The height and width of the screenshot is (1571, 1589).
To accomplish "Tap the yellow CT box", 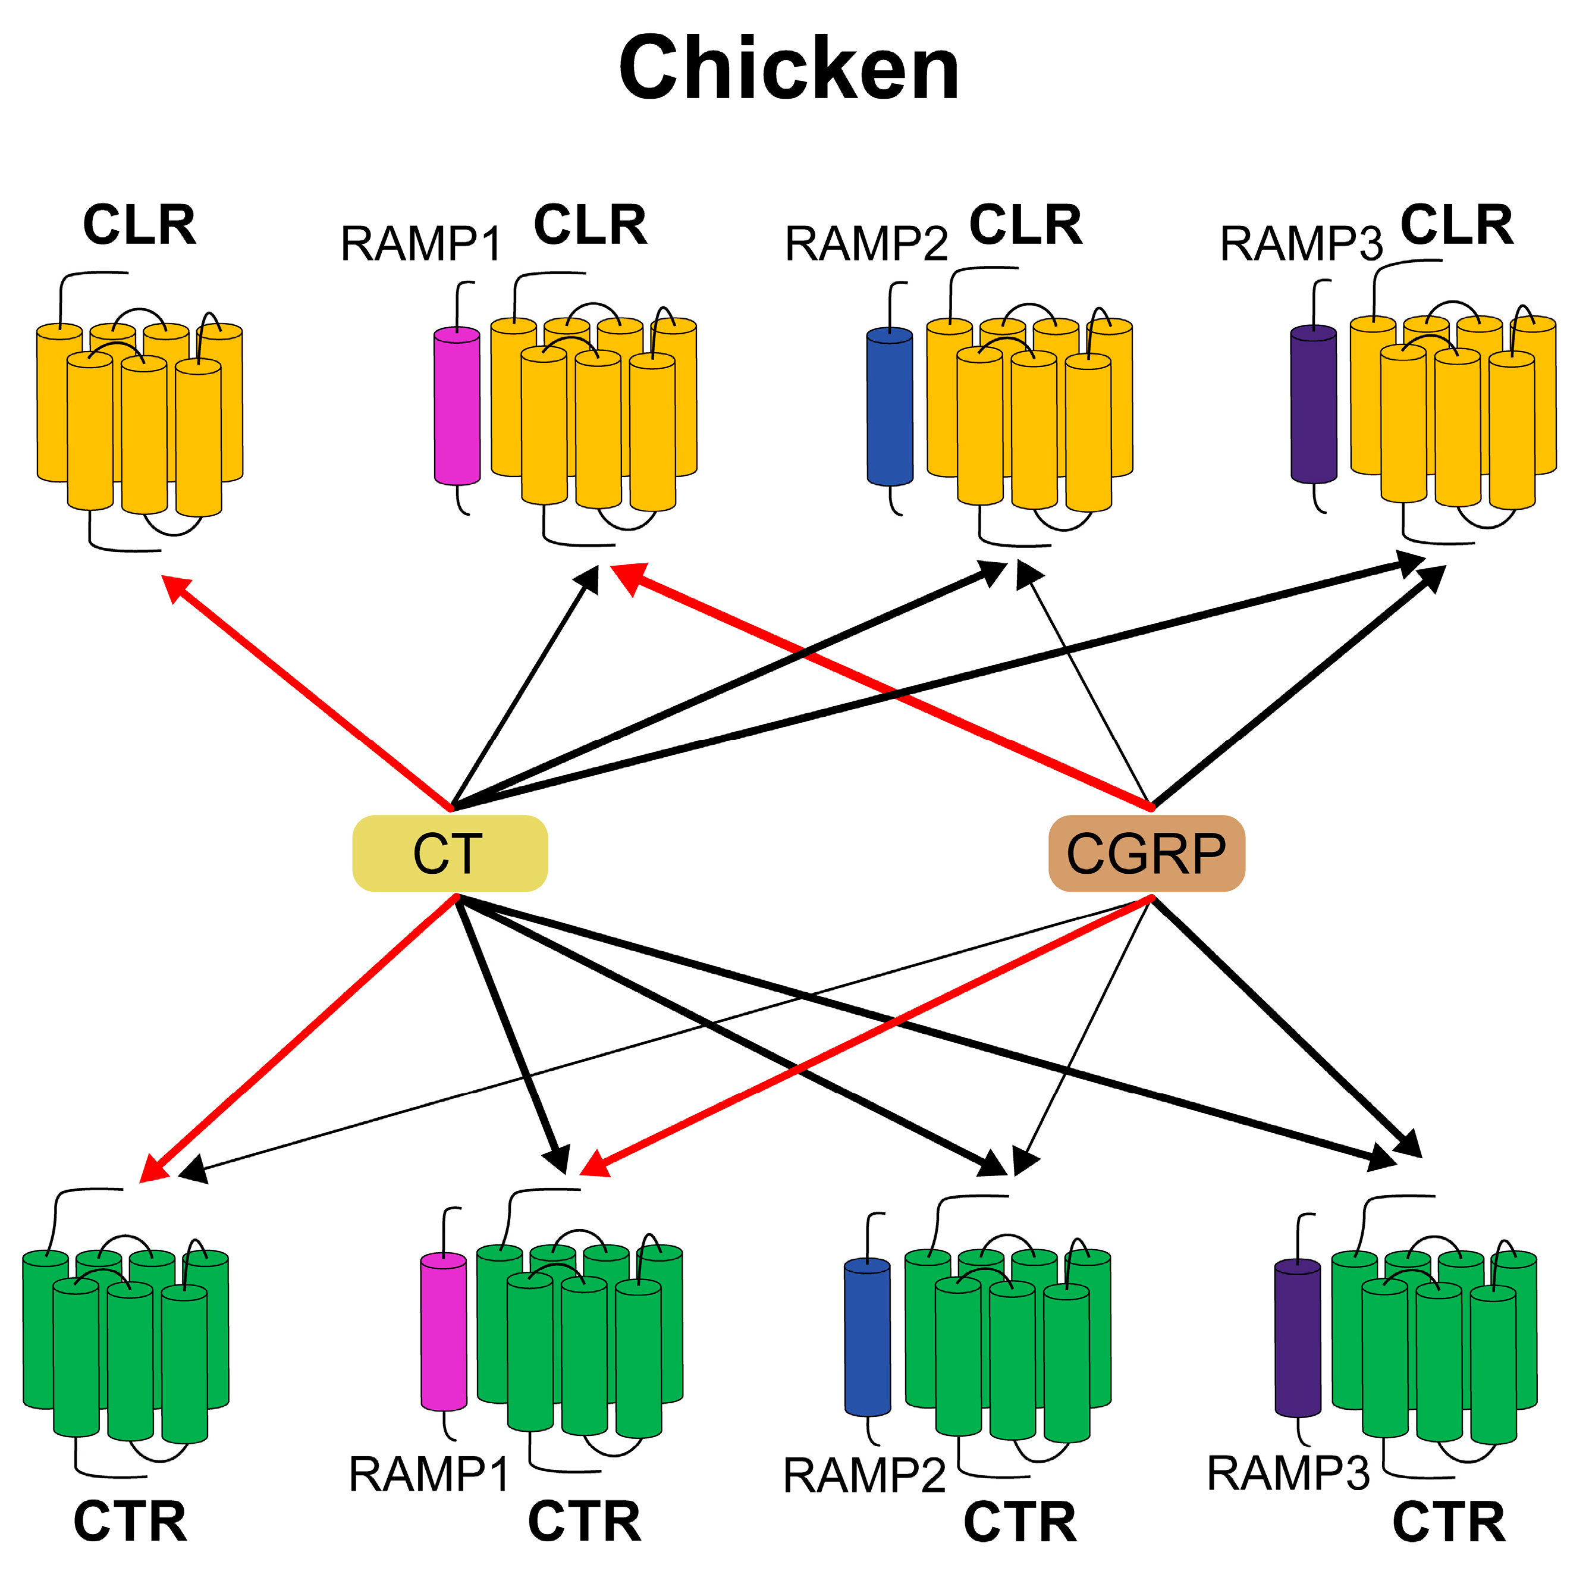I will (449, 853).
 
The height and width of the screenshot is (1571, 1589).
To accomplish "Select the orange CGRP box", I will (1147, 853).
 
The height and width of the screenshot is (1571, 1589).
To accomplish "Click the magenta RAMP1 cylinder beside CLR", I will (457, 406).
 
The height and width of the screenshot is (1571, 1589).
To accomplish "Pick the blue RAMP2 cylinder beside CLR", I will (890, 406).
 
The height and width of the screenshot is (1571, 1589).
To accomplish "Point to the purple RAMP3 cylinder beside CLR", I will (1314, 404).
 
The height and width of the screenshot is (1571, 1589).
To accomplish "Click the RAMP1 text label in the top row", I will (421, 244).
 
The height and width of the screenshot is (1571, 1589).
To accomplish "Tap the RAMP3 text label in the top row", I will (1301, 244).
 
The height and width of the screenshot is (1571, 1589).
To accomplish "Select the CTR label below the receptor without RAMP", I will (130, 1522).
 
